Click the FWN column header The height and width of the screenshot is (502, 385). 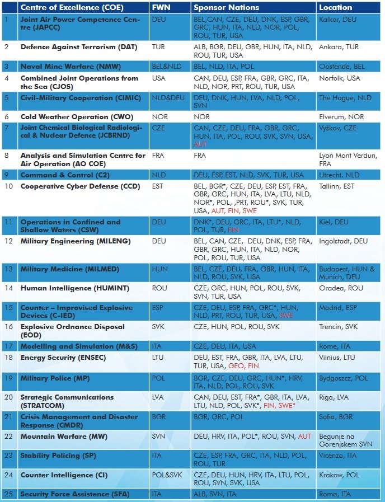tap(161, 7)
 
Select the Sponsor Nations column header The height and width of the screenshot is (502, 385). tap(226, 7)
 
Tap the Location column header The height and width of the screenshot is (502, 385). tap(335, 7)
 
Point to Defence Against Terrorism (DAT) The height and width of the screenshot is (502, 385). tap(79, 47)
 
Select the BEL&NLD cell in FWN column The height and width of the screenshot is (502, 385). tap(166, 67)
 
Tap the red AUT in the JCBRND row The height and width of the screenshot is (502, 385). tap(200, 144)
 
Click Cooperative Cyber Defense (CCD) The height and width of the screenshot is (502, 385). tap(81, 186)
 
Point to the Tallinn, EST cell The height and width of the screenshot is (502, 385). tap(336, 186)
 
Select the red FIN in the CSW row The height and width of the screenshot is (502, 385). tap(233, 230)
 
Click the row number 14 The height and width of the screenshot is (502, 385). tap(8, 288)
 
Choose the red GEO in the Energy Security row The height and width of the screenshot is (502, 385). tap(235, 366)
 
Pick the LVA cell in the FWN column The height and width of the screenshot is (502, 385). tap(158, 397)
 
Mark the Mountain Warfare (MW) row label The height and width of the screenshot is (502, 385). tap(64, 437)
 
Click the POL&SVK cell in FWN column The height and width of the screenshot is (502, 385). tap(167, 475)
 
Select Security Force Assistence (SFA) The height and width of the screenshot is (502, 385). tap(75, 494)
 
